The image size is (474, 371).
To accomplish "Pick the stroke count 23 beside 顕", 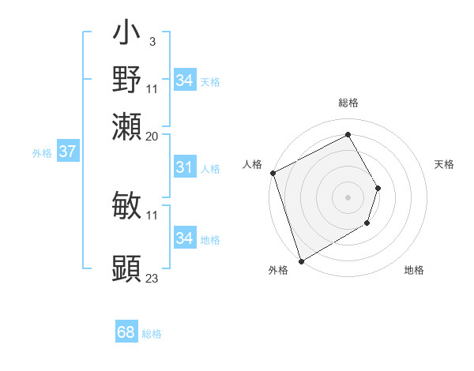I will click(152, 278).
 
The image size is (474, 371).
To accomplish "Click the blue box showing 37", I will click(67, 152).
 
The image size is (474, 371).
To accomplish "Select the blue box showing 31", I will click(184, 167).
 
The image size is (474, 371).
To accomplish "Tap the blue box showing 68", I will click(126, 332).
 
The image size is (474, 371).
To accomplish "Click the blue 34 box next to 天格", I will click(184, 81).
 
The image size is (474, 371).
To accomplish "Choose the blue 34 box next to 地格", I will click(184, 238).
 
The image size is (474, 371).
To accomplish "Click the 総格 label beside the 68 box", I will click(152, 334).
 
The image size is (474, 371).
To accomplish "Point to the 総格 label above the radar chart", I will click(348, 103).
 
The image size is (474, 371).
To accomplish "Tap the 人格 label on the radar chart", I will click(253, 164).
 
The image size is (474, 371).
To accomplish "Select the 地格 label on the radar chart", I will click(414, 271).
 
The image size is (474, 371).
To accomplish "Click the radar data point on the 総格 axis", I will click(348, 134).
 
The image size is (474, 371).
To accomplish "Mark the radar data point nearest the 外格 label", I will click(301, 260).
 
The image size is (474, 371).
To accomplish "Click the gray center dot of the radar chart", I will click(348, 197).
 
